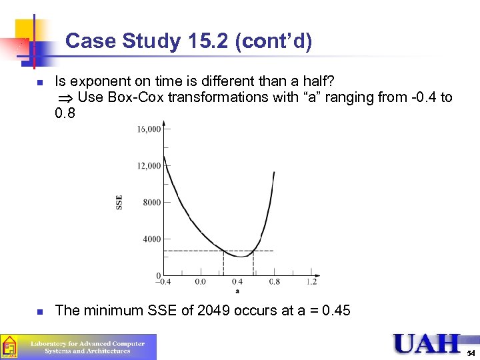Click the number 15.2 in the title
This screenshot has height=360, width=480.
[210, 42]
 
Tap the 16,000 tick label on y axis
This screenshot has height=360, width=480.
[149, 129]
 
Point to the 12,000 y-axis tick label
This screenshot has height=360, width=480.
[149, 166]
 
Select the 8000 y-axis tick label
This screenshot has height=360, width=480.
[151, 203]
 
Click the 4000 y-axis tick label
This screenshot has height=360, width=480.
[151, 239]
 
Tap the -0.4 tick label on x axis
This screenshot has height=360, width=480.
[162, 282]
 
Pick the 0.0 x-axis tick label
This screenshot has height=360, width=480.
[200, 282]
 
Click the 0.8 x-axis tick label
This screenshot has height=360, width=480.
[274, 282]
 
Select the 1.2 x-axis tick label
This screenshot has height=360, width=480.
[311, 282]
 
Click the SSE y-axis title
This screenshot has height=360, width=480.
[120, 202]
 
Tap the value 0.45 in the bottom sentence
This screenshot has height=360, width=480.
[337, 311]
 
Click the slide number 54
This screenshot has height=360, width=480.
[471, 352]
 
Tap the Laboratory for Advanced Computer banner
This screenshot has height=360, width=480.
[87, 347]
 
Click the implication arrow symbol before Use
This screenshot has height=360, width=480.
[65, 98]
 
